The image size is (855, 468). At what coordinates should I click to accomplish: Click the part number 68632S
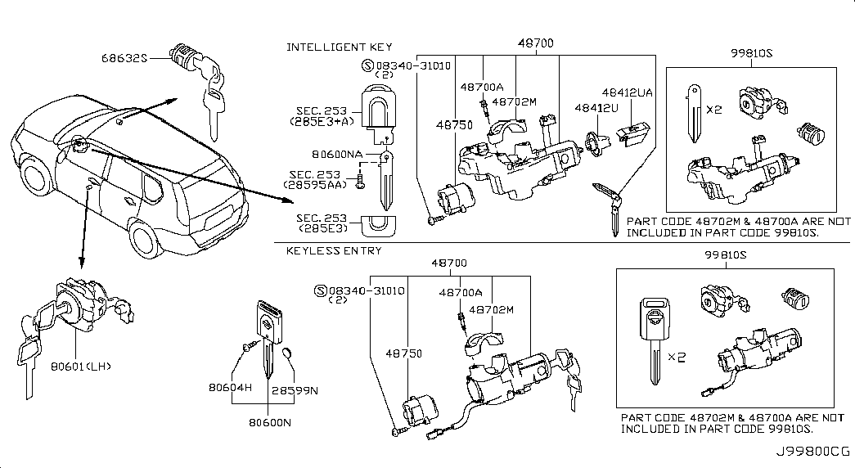pyautogui.click(x=124, y=57)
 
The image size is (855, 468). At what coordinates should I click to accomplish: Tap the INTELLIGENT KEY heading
pyautogui.click(x=339, y=47)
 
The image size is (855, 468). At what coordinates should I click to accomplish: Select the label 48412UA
pyautogui.click(x=628, y=93)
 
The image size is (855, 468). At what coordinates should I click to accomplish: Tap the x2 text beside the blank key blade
pyautogui.click(x=714, y=107)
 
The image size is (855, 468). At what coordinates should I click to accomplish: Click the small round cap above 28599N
pyautogui.click(x=286, y=353)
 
